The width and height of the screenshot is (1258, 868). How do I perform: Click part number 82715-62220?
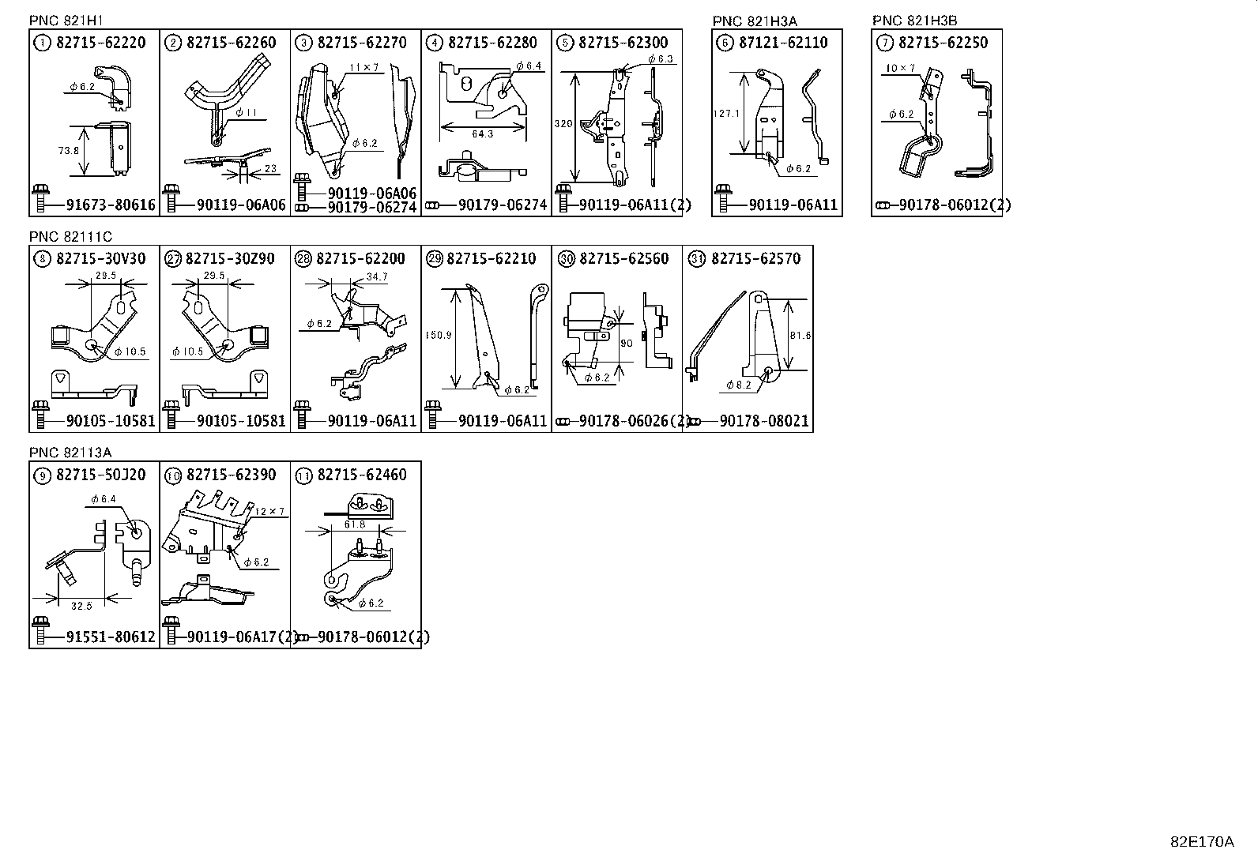pos(101,43)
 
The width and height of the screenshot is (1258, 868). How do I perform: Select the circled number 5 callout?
pos(564,43)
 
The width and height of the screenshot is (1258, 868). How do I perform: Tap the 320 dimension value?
pos(563,124)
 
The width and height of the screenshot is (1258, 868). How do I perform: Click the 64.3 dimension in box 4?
pos(482,134)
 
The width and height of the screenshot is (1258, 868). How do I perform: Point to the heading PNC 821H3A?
pos(755,21)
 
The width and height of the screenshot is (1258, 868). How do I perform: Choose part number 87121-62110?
pos(785,43)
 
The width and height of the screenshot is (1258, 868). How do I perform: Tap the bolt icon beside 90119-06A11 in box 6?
pos(723,199)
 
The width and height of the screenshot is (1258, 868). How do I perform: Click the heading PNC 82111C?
pos(70,237)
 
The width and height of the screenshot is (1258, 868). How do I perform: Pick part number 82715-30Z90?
pos(231,259)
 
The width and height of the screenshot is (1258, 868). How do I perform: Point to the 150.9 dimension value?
pos(438,335)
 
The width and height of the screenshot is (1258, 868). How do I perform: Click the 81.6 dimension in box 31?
pos(800,335)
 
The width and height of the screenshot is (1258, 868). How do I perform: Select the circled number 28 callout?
pos(303,259)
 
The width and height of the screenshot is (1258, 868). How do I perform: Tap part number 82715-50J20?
pos(101,475)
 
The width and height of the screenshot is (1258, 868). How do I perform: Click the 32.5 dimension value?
pos(81,606)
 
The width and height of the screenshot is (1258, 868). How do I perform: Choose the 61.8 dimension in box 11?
pos(355,524)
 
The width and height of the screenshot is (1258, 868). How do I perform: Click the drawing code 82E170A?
pos(1201,842)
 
